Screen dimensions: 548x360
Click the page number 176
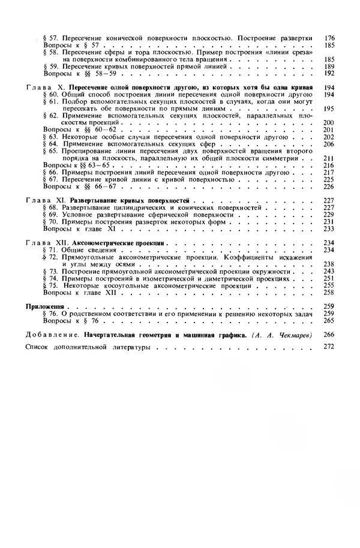(x=329, y=38)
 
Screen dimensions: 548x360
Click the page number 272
(x=329, y=348)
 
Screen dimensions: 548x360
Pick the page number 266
(x=329, y=335)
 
